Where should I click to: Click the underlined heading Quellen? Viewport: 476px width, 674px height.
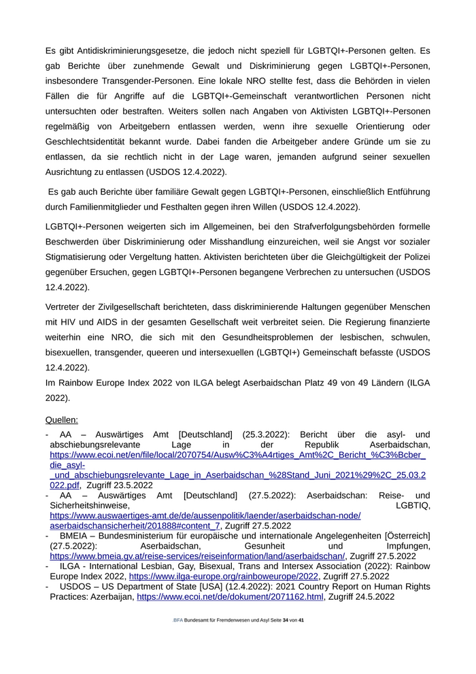pyautogui.click(x=62, y=420)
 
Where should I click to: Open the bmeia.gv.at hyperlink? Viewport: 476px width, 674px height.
pyautogui.click(x=198, y=556)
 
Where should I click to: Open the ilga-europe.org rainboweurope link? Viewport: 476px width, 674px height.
pyautogui.click(x=228, y=575)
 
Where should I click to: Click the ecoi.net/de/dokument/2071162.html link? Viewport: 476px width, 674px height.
pyautogui.click(x=231, y=596)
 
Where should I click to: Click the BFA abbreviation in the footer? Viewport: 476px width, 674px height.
pyautogui.click(x=178, y=620)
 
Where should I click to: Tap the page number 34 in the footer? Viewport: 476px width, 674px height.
pyautogui.click(x=286, y=620)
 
